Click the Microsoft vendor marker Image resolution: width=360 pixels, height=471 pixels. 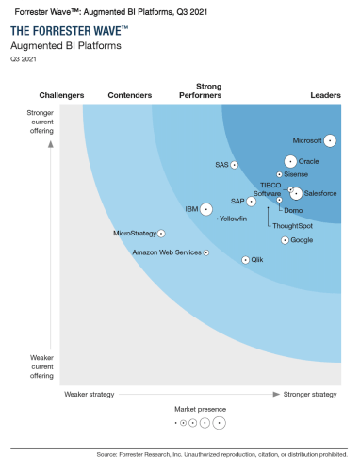(331, 140)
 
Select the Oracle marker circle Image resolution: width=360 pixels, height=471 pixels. (290, 161)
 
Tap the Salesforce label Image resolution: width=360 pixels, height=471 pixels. (321, 193)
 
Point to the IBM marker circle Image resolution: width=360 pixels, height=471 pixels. (206, 208)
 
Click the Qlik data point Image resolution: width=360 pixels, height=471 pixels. (246, 259)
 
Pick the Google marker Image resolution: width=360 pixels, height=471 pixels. (284, 240)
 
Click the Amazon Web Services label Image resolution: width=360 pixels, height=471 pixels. (167, 252)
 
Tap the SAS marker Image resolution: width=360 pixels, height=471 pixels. (234, 165)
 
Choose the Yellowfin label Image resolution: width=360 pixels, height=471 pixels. (233, 219)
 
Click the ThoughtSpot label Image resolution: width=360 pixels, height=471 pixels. (292, 226)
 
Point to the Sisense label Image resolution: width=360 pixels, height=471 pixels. (296, 174)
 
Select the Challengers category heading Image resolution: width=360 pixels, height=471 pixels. (62, 95)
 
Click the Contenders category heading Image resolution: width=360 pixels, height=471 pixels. (130, 95)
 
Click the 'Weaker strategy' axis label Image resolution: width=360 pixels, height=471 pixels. (89, 394)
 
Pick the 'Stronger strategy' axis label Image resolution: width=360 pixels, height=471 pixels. (310, 394)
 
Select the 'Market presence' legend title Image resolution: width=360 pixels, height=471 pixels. (200, 410)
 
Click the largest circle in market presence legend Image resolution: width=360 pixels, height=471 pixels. (220, 423)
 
